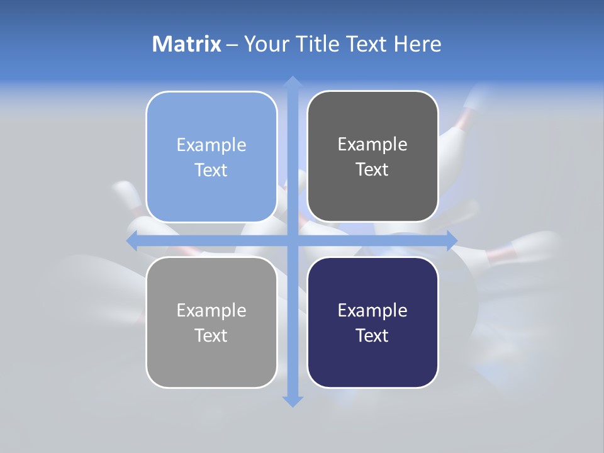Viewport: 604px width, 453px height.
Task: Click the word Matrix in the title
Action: pyautogui.click(x=187, y=44)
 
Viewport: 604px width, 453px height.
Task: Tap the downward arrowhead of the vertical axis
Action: pyautogui.click(x=292, y=401)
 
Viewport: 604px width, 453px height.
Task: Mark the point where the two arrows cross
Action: pyautogui.click(x=292, y=241)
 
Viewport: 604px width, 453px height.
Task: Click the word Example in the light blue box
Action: pyautogui.click(x=211, y=145)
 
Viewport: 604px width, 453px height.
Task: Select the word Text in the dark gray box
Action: pyautogui.click(x=372, y=170)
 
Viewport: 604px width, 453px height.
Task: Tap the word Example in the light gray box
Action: pyautogui.click(x=211, y=310)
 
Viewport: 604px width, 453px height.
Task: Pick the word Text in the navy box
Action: pyautogui.click(x=372, y=335)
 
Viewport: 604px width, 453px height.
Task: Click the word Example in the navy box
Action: pyautogui.click(x=372, y=310)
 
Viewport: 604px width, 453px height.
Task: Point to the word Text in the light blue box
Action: pyautogui.click(x=211, y=170)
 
